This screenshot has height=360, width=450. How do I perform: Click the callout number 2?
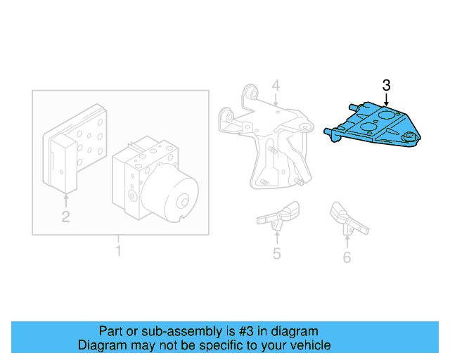pos(65,217)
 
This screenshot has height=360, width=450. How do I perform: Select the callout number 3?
pos(386,85)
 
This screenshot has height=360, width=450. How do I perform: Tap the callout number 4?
pos(276,86)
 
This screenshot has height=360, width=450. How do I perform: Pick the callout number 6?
pos(347,257)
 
